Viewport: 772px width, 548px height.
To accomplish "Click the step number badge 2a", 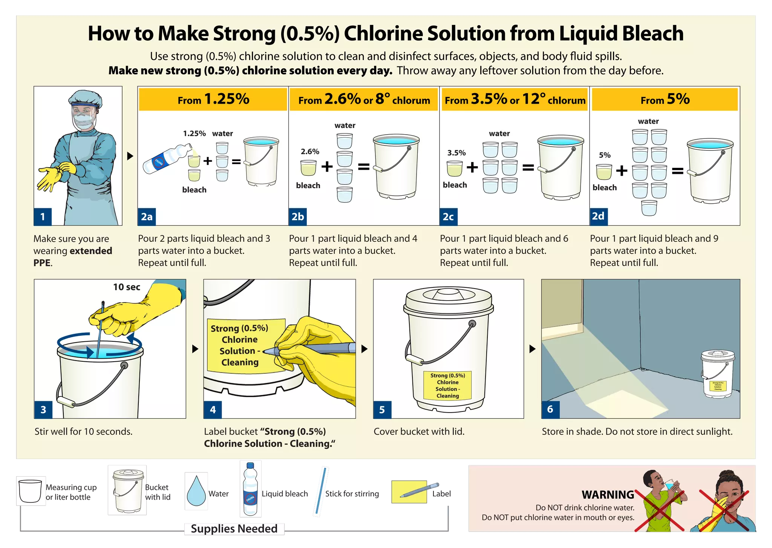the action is coord(147,217).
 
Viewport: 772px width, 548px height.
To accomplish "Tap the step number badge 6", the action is coord(550,409).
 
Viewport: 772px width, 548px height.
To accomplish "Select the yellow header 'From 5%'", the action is coord(665,100).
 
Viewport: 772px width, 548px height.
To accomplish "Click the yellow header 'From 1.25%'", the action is coord(213,100).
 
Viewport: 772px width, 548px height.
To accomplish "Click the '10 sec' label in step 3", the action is coord(127,287).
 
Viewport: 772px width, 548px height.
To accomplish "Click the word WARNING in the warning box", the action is coord(608,494).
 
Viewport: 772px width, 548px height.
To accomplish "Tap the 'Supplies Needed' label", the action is coord(234,529).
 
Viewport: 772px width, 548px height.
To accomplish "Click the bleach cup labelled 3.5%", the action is coord(454,168).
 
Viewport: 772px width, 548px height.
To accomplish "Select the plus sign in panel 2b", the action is coord(327,166).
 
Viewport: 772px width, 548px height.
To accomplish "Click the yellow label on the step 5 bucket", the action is coord(447,385).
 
